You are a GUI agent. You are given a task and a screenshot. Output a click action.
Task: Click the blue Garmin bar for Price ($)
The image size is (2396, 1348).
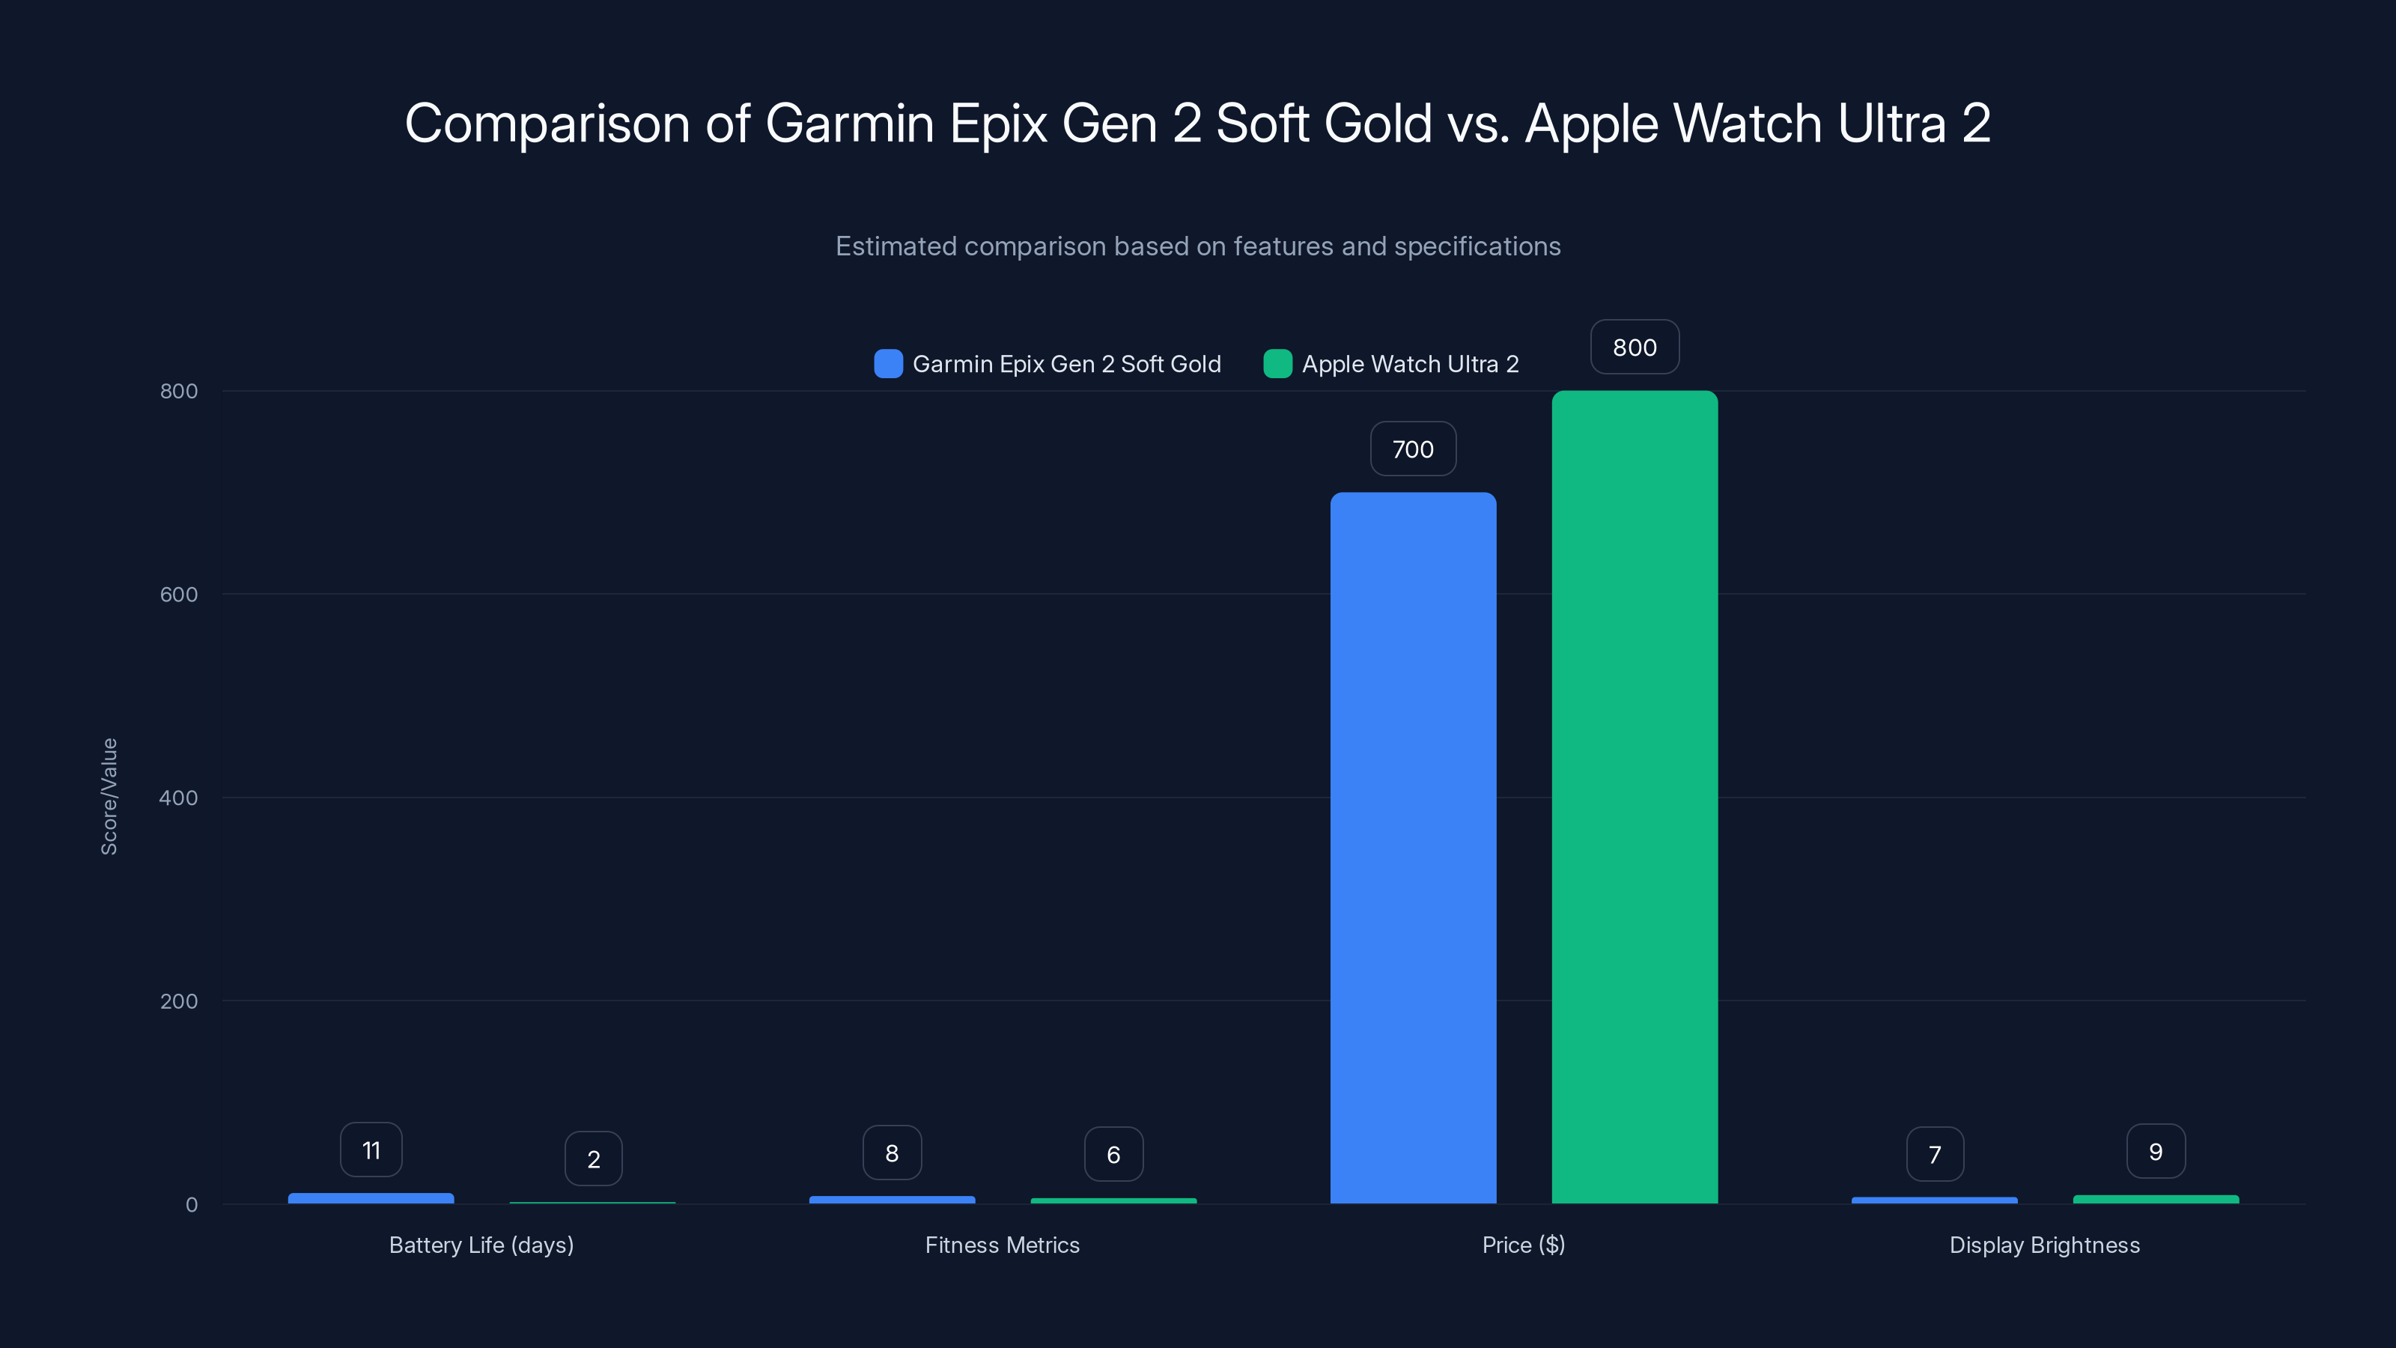tap(1413, 846)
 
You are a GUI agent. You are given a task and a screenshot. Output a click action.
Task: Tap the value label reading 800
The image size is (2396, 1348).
tap(1635, 347)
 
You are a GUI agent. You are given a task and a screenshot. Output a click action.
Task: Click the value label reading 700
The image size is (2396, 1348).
tap(1413, 449)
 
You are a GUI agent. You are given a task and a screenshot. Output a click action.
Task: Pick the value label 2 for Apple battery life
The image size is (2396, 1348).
tap(594, 1159)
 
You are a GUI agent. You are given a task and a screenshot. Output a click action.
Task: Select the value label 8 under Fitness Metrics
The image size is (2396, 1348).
tap(892, 1153)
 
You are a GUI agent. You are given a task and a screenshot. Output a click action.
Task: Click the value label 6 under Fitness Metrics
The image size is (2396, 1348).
tap(1113, 1155)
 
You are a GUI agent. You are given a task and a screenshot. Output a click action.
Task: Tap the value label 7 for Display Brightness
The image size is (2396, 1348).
tap(1935, 1155)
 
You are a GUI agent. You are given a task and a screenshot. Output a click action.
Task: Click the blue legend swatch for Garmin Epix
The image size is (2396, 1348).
tap(888, 364)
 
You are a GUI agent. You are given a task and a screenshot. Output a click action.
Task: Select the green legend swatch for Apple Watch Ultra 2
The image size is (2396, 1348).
tap(1278, 364)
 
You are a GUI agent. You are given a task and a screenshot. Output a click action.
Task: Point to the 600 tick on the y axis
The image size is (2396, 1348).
tap(179, 595)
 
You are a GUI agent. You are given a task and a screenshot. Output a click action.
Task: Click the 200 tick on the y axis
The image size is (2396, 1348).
tap(179, 1001)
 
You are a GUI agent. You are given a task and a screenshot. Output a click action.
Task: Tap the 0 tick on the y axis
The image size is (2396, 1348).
tap(192, 1205)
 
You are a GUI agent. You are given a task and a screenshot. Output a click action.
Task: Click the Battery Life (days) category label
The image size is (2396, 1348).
tap(481, 1245)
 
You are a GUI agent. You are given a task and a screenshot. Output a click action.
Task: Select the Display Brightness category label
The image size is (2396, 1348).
tap(2044, 1245)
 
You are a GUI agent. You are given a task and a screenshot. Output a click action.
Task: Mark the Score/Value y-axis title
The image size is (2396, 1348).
tap(109, 796)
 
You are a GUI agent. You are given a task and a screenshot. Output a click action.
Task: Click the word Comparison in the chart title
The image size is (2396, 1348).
tap(547, 124)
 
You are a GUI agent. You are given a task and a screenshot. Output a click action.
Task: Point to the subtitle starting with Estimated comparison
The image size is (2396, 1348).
tap(1198, 246)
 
